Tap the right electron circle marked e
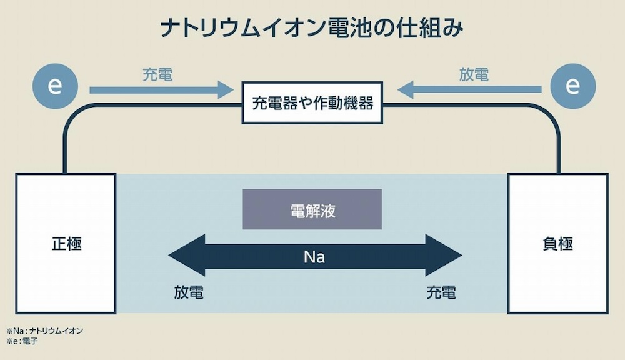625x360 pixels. point(572,87)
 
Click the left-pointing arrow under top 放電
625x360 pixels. point(469,91)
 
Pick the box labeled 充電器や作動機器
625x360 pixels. point(312,102)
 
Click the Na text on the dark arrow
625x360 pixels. point(314,257)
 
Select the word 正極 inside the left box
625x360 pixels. point(66,244)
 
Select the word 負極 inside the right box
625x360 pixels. point(558,244)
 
